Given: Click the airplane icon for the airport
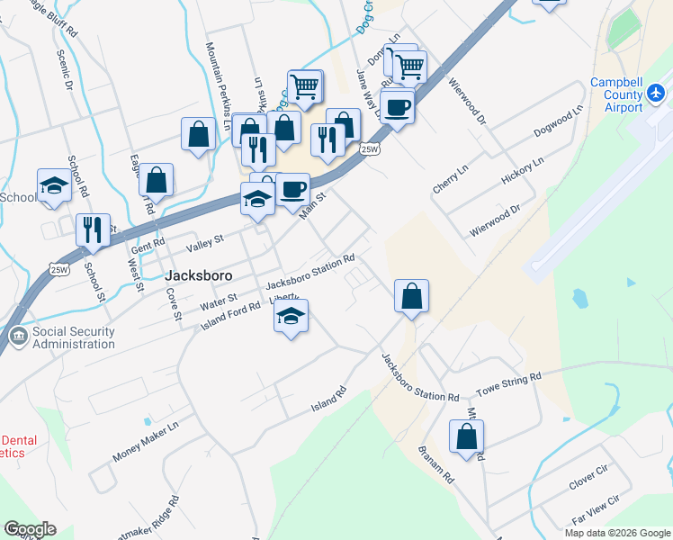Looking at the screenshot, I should click(657, 93).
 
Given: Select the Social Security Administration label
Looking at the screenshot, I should click(74, 337).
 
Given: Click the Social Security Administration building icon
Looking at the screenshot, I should click(18, 337).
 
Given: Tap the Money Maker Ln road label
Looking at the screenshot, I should click(146, 441).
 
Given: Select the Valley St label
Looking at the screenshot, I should click(203, 241).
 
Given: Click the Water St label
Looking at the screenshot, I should click(218, 298).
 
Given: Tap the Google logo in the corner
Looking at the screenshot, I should click(30, 529).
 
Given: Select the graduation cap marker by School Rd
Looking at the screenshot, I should click(54, 186).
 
